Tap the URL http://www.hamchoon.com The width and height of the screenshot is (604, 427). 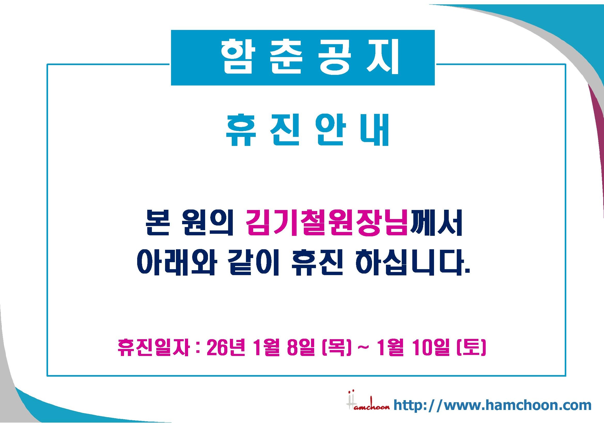pyautogui.click(x=492, y=405)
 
